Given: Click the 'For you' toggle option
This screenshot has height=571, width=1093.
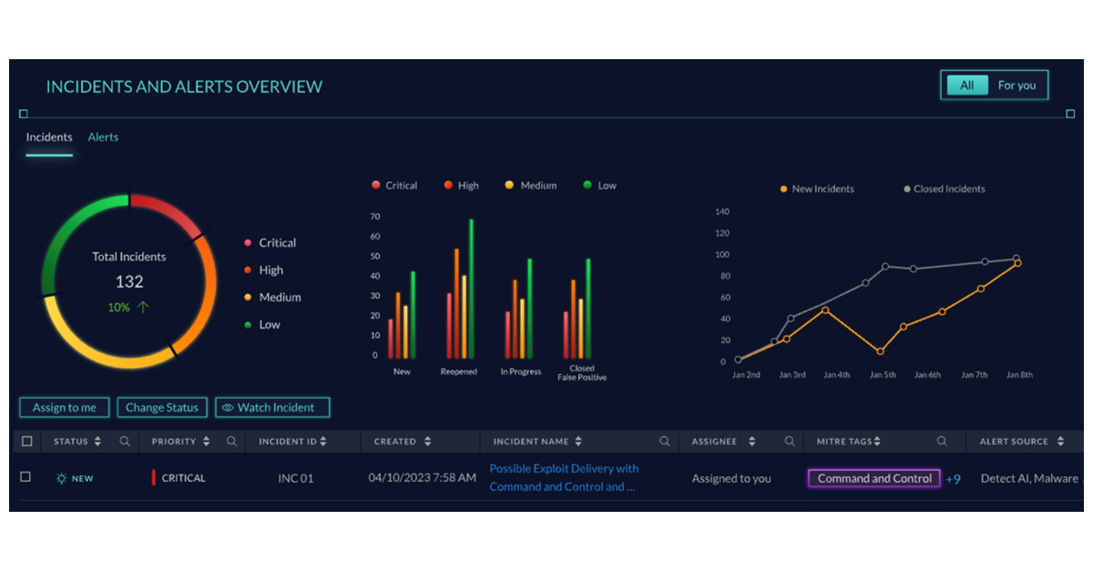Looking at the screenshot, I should [x=1016, y=86].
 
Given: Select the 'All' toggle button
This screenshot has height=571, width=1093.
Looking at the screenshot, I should [x=966, y=86].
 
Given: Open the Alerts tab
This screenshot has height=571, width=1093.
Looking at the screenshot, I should [x=103, y=138].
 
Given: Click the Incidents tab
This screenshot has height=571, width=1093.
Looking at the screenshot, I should [x=49, y=138].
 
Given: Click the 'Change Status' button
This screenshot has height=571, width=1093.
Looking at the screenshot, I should [x=162, y=408].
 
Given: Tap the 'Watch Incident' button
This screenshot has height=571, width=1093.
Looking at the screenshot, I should [x=272, y=408].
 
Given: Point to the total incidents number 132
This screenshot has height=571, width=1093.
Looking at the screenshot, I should [x=129, y=282].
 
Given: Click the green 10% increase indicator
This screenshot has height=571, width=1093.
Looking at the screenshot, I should [x=128, y=308].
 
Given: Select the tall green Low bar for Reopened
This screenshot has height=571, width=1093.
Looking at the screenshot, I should [x=471, y=289].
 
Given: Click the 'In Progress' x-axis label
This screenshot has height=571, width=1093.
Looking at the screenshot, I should [x=521, y=372].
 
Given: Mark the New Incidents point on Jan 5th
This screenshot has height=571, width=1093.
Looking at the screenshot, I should [x=880, y=352].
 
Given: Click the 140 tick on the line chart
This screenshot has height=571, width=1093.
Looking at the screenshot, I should [x=722, y=211].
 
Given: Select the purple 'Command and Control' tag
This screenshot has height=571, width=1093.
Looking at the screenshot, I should [x=874, y=479].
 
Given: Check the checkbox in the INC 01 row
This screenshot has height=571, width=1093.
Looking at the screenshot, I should [x=26, y=477].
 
